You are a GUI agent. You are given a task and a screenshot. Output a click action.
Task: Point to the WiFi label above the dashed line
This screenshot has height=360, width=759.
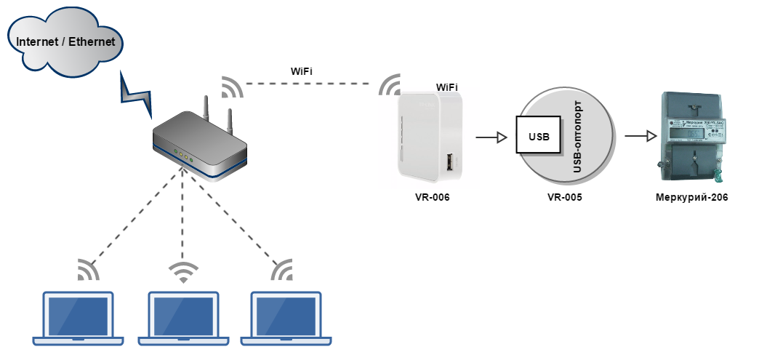coord(302,71)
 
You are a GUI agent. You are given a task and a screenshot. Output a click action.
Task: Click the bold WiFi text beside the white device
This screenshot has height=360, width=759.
coord(446,87)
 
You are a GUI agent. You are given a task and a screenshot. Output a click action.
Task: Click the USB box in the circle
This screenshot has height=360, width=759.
coord(539,135)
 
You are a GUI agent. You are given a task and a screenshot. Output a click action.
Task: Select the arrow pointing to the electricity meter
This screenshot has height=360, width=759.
coord(638,136)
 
